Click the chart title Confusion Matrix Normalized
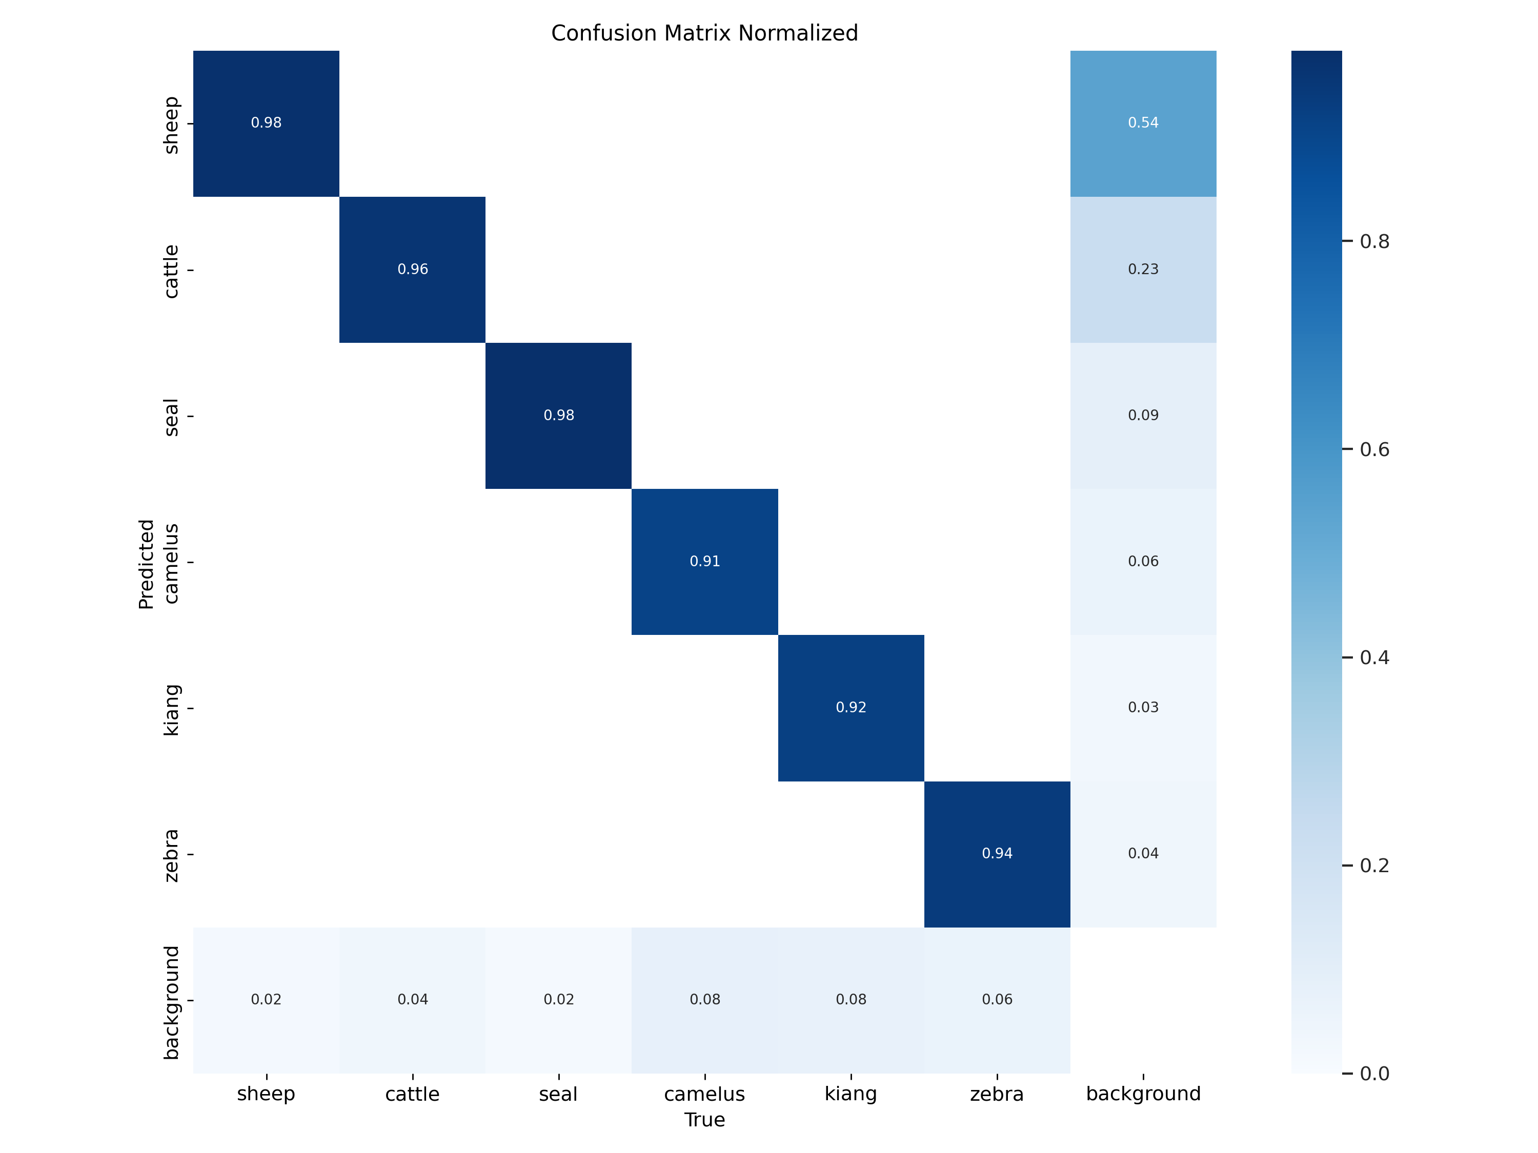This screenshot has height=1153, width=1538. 704,33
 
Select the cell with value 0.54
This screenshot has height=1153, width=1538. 1143,123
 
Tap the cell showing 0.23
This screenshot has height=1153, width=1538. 1143,269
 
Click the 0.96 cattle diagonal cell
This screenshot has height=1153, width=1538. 412,269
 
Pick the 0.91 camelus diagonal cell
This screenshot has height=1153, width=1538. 704,562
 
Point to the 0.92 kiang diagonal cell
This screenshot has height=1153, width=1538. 851,708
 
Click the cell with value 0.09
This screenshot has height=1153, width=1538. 1143,416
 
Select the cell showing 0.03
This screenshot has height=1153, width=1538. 1143,708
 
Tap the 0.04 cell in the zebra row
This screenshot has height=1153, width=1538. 1143,853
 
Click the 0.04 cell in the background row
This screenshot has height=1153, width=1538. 412,999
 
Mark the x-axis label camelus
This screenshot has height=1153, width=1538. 704,1094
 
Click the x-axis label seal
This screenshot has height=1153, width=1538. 558,1094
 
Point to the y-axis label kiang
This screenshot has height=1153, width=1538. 171,710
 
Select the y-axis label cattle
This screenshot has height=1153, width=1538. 171,271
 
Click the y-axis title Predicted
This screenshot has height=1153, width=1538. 146,564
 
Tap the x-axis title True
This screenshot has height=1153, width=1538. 704,1120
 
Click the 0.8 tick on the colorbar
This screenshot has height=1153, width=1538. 1374,241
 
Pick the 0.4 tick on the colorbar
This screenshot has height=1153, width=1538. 1374,657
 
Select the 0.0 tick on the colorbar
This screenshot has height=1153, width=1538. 1374,1074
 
